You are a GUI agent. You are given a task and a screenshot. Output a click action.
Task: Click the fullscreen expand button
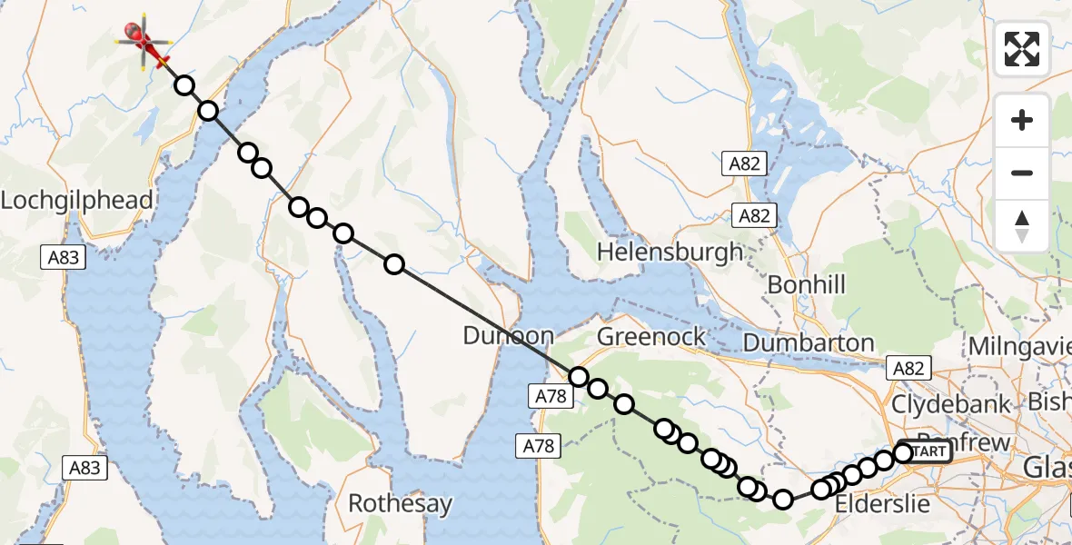click(1022, 49)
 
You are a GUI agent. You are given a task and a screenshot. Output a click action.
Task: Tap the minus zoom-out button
click(1022, 173)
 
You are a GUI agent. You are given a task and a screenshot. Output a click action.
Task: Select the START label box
click(927, 451)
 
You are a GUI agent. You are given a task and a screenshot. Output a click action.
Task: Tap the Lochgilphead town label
click(76, 201)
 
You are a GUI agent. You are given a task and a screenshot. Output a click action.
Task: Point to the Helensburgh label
click(670, 252)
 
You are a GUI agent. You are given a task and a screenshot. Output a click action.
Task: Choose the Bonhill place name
click(806, 285)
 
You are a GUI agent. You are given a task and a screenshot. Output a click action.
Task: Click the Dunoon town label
click(508, 335)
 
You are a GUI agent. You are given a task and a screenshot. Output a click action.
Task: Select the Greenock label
click(651, 337)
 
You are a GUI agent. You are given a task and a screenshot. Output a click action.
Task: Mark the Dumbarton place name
click(809, 343)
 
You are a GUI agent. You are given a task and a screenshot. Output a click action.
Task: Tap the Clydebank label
click(951, 404)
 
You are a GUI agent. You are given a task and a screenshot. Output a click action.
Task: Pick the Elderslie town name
click(881, 504)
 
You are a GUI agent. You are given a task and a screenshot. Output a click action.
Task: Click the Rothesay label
click(400, 503)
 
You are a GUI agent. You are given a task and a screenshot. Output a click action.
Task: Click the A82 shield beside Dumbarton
click(908, 368)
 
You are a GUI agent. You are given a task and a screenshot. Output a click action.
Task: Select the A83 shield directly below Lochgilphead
click(64, 258)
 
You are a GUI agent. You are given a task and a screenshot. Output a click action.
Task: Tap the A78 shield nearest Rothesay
click(537, 445)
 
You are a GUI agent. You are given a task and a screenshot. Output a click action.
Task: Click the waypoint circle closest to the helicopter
click(184, 86)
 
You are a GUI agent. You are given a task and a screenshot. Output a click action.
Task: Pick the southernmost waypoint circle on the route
click(783, 499)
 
